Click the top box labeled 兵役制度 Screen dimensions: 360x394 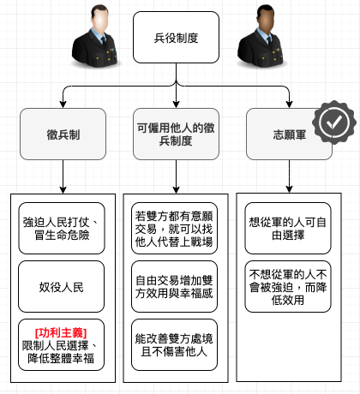pos(176,38)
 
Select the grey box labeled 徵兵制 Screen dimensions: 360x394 pos(63,134)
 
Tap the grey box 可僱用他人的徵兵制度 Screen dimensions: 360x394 pos(176,134)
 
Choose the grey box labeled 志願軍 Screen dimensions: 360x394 pos(289,134)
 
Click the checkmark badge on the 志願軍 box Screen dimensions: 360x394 pos(334,122)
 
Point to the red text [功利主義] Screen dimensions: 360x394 pos(61,333)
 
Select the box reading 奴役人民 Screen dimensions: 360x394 pos(61,287)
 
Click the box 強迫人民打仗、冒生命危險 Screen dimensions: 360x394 pos(62,229)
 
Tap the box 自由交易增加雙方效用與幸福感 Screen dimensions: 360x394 pos(174,287)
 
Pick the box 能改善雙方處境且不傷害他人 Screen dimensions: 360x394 pos(174,345)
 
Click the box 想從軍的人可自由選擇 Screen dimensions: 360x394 pos(288,229)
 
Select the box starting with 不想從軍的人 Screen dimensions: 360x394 pos(288,287)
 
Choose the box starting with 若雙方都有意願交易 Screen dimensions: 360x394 pos(174,229)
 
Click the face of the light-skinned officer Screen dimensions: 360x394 pos(100,21)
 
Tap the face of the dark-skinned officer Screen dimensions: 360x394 pos(267,21)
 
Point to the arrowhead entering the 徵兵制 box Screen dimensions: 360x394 pos(63,104)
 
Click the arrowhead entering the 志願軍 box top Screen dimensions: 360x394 pos(289,104)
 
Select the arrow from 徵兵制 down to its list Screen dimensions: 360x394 pos(63,176)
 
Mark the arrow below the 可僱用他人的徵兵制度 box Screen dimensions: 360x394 pos(176,176)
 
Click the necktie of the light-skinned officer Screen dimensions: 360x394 pos(104,41)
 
